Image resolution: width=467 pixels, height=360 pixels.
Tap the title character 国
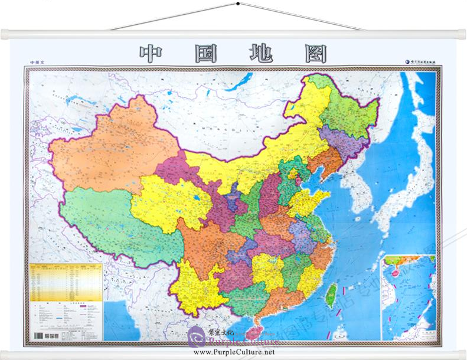[x=205, y=54]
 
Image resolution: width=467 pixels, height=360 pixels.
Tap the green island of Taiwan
[x=332, y=293]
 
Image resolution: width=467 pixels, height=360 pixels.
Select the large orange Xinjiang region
[x=112, y=148]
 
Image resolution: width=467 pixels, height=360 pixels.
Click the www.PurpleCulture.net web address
[x=234, y=352]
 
